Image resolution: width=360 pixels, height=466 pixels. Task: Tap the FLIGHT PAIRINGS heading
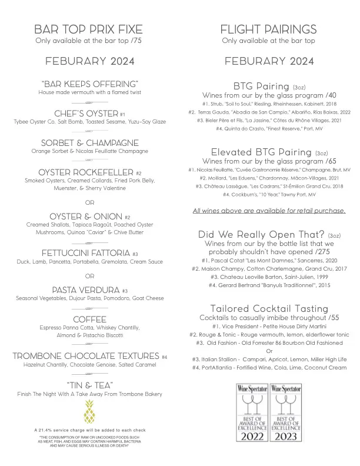(x=268, y=29)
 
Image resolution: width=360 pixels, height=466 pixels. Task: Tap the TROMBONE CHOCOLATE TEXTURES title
(x=86, y=357)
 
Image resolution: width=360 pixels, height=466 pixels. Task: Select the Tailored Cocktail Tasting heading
(x=269, y=308)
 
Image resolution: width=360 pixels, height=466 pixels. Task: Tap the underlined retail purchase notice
(x=269, y=211)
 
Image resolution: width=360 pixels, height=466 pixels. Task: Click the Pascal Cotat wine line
(x=269, y=259)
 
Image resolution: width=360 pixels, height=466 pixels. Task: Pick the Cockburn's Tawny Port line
(x=269, y=194)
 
